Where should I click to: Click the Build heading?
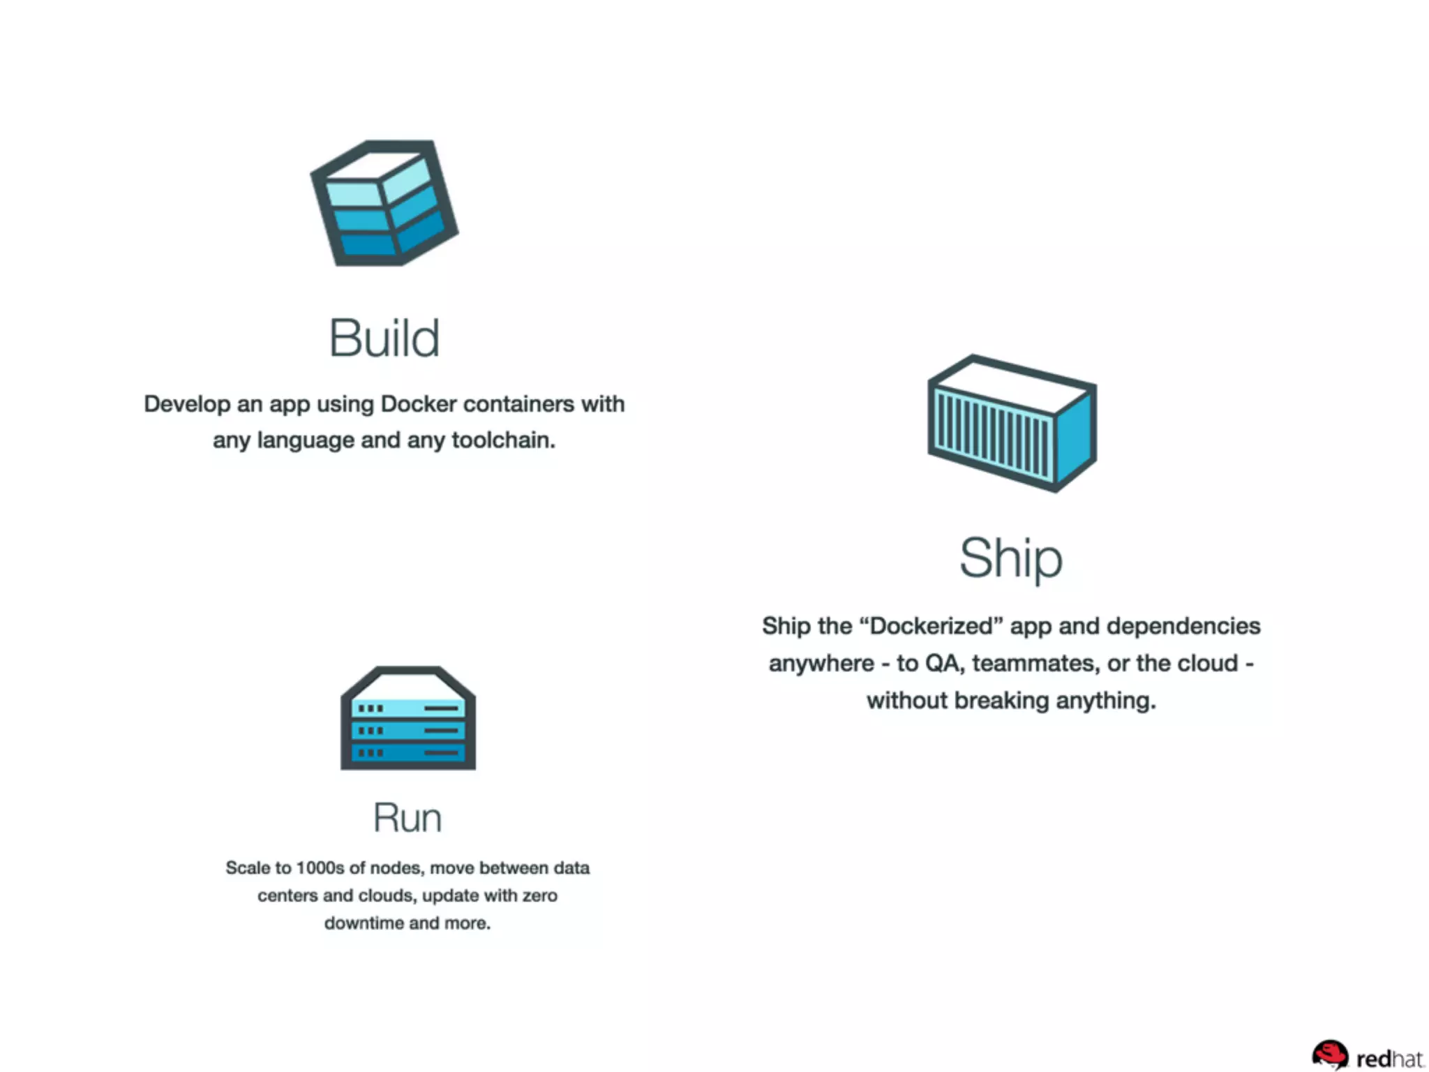pyautogui.click(x=384, y=338)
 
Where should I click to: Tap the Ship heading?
pyautogui.click(x=1011, y=558)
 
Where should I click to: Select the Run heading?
pyautogui.click(x=407, y=817)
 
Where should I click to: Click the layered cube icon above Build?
pyautogui.click(x=384, y=203)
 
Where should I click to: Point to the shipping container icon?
pyautogui.click(x=1012, y=423)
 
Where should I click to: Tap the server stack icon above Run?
pyautogui.click(x=408, y=718)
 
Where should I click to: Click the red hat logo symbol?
pyautogui.click(x=1330, y=1055)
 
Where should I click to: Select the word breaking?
pyautogui.click(x=1001, y=700)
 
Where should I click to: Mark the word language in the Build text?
pyautogui.click(x=306, y=440)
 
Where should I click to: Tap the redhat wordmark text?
pyautogui.click(x=1390, y=1059)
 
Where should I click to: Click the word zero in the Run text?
pyautogui.click(x=539, y=895)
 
